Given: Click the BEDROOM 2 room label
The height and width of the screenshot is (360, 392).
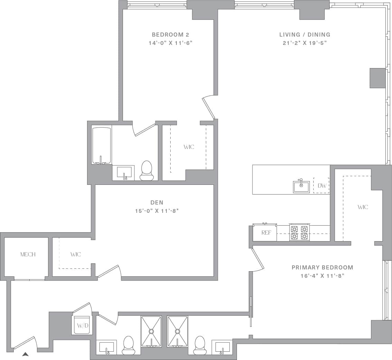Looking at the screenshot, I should point(170,35).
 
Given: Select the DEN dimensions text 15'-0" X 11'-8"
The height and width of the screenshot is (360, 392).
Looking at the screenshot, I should point(157,211).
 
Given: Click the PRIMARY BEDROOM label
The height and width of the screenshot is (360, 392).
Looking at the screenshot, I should point(322,267).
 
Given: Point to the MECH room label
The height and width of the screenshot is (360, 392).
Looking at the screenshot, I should point(28,255).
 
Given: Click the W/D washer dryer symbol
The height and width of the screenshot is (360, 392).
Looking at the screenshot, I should point(82,325).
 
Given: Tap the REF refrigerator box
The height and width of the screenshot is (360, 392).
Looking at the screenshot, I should point(265,233).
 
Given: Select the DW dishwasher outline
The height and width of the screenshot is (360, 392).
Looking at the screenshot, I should point(322,186).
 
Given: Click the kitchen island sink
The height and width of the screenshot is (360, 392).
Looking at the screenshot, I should point(302,186).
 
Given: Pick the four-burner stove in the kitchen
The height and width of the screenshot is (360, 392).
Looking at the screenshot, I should point(299,233).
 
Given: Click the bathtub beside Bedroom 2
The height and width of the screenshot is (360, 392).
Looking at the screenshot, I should point(102,145).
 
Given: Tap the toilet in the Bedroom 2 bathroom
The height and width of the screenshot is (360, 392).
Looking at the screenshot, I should point(146,170).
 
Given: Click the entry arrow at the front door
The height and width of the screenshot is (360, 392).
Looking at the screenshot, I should point(25,354).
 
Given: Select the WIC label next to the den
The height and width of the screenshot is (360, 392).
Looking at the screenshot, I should point(75,255).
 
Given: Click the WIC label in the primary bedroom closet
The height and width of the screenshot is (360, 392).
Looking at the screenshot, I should point(363,207).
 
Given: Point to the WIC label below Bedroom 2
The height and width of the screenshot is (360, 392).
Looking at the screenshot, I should point(189,147).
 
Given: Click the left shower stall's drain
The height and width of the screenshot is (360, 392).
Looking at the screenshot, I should point(151,331).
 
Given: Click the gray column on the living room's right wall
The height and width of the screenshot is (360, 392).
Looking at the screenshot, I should point(377,78).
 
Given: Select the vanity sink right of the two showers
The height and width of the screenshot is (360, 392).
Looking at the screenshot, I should point(222,347).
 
